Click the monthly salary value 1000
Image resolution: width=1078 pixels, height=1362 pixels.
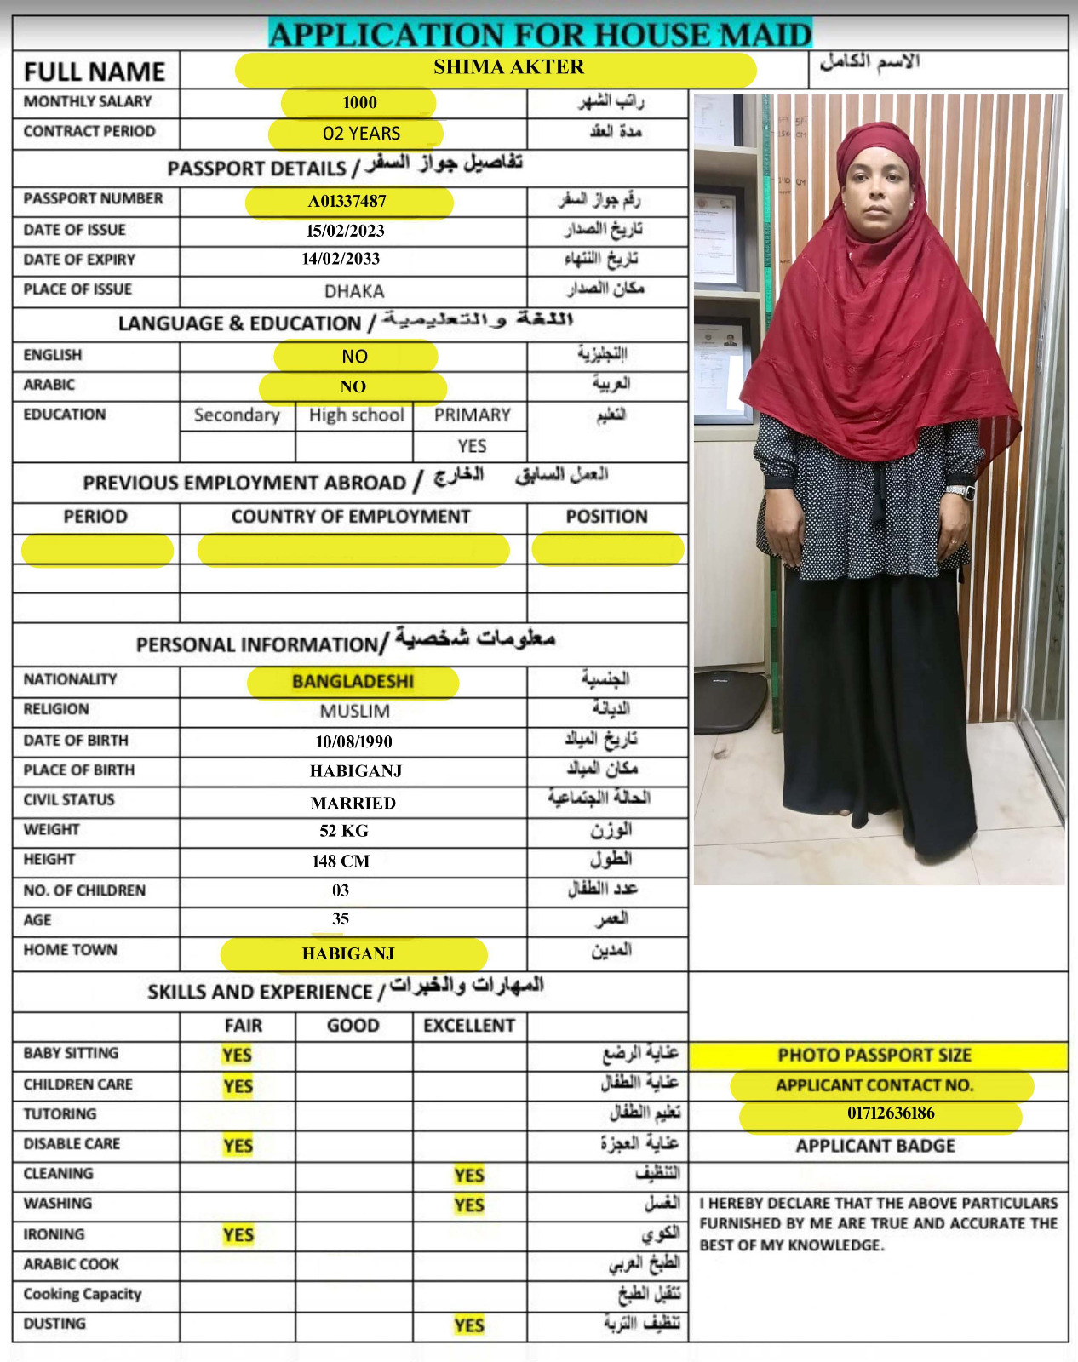pyautogui.click(x=359, y=103)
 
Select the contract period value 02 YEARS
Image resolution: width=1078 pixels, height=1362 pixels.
pyautogui.click(x=361, y=134)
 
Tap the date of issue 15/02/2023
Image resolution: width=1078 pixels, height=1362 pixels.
pyautogui.click(x=346, y=231)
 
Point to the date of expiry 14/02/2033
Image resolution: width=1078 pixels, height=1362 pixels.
pyautogui.click(x=341, y=259)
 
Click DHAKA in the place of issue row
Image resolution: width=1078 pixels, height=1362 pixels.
pyautogui.click(x=354, y=291)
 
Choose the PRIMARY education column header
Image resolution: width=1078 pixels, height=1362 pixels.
pyautogui.click(x=472, y=415)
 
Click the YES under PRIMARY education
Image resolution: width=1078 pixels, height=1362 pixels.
pyautogui.click(x=472, y=446)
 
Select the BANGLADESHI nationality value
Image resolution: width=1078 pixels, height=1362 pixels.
pyautogui.click(x=353, y=682)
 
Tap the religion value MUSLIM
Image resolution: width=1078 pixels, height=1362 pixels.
pyautogui.click(x=354, y=712)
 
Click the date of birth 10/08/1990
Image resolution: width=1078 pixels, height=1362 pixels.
pyautogui.click(x=353, y=741)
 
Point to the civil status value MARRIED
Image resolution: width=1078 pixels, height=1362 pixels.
pyautogui.click(x=353, y=803)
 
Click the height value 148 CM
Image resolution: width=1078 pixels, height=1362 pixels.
pyautogui.click(x=341, y=861)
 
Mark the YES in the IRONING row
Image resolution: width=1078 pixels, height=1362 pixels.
pyautogui.click(x=238, y=1235)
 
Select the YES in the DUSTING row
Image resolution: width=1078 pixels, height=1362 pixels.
pyautogui.click(x=469, y=1325)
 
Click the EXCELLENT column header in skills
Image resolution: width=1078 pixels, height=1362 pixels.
pyautogui.click(x=469, y=1026)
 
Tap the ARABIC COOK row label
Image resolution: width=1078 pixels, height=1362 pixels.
pyautogui.click(x=72, y=1264)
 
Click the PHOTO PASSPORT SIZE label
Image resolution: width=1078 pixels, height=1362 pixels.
pyautogui.click(x=874, y=1056)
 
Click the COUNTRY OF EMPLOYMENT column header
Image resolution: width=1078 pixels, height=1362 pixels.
pyautogui.click(x=351, y=517)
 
